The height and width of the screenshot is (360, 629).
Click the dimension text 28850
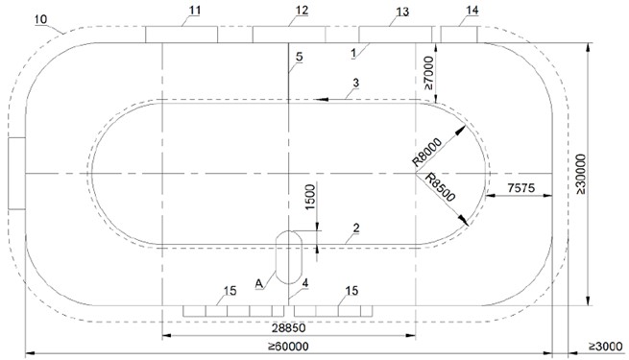288,328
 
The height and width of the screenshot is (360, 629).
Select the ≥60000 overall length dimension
288,347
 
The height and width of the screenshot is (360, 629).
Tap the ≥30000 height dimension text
580,174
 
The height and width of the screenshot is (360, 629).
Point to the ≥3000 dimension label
606,347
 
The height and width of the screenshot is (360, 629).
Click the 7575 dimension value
520,187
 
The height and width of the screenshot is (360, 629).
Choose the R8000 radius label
427,152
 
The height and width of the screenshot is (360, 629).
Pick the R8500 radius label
440,187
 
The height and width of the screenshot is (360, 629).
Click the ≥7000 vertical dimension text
428,73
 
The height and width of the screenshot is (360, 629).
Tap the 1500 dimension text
310,197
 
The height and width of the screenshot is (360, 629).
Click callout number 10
40,19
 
